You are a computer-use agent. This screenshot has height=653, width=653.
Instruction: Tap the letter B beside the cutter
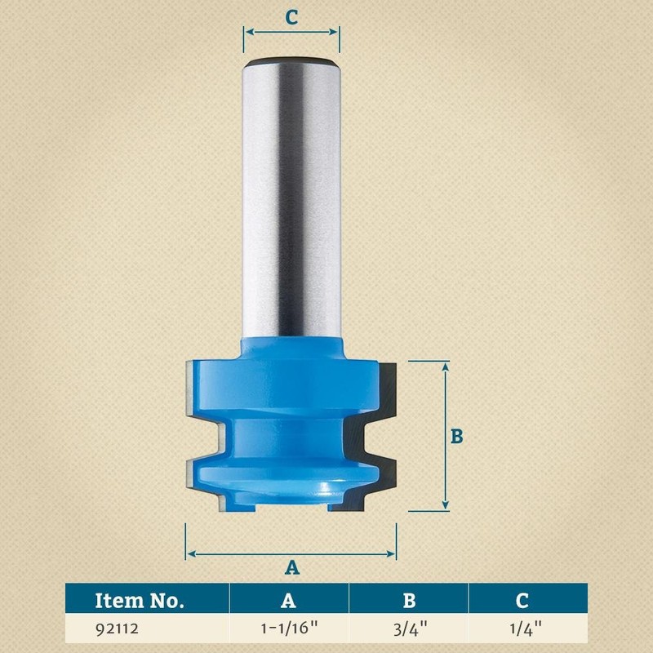(x=457, y=437)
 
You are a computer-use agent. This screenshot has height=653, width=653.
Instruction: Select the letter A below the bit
(x=291, y=566)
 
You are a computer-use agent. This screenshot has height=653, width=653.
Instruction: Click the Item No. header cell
(x=140, y=602)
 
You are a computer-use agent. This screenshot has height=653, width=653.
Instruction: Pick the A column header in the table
(x=289, y=602)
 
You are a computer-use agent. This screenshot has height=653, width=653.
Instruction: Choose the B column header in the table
(x=409, y=602)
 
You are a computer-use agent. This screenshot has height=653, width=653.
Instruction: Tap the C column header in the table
(x=522, y=602)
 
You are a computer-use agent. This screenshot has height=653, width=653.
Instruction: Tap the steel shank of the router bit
(x=291, y=204)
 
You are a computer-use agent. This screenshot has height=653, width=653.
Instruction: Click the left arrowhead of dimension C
(x=247, y=33)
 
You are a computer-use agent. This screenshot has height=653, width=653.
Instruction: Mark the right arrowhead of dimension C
(x=336, y=33)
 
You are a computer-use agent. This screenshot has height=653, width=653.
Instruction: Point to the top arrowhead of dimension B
(x=446, y=366)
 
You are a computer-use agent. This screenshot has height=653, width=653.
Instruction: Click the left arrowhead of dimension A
(x=190, y=554)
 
